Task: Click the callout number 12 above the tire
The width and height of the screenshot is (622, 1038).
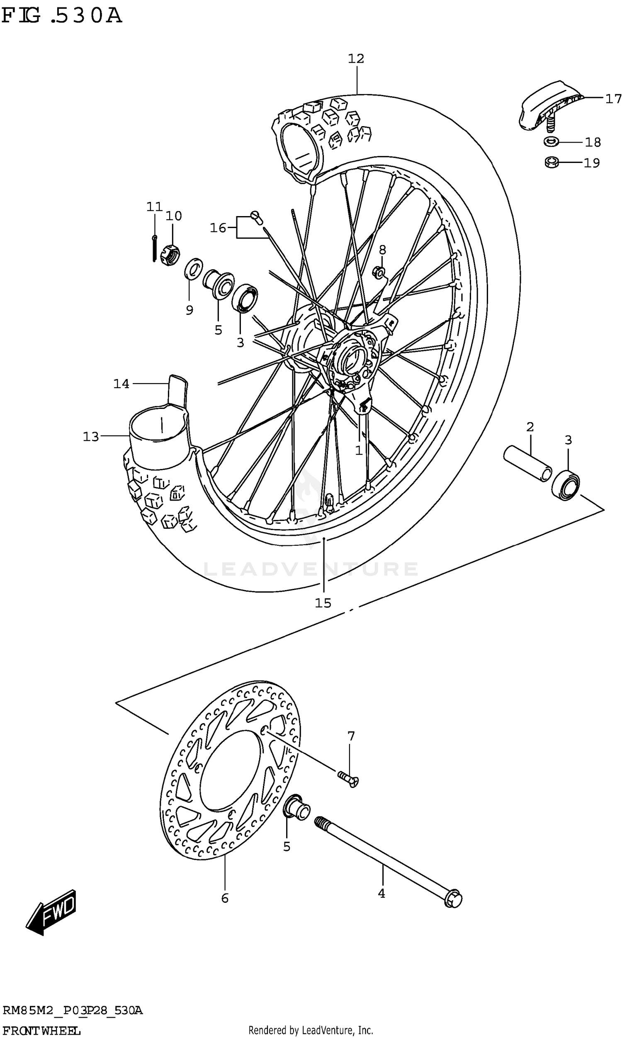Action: (x=356, y=58)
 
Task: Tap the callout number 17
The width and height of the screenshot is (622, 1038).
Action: (x=613, y=99)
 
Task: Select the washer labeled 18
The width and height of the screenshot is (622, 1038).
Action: (x=551, y=142)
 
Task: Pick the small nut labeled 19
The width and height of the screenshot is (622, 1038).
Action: (x=552, y=162)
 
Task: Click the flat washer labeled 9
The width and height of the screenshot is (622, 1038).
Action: (x=193, y=269)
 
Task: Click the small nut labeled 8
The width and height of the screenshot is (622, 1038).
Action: (x=379, y=272)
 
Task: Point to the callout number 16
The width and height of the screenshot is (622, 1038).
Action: (x=218, y=228)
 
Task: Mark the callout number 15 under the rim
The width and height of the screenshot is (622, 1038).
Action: (x=323, y=603)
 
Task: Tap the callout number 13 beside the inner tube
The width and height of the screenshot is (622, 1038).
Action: (x=91, y=437)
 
